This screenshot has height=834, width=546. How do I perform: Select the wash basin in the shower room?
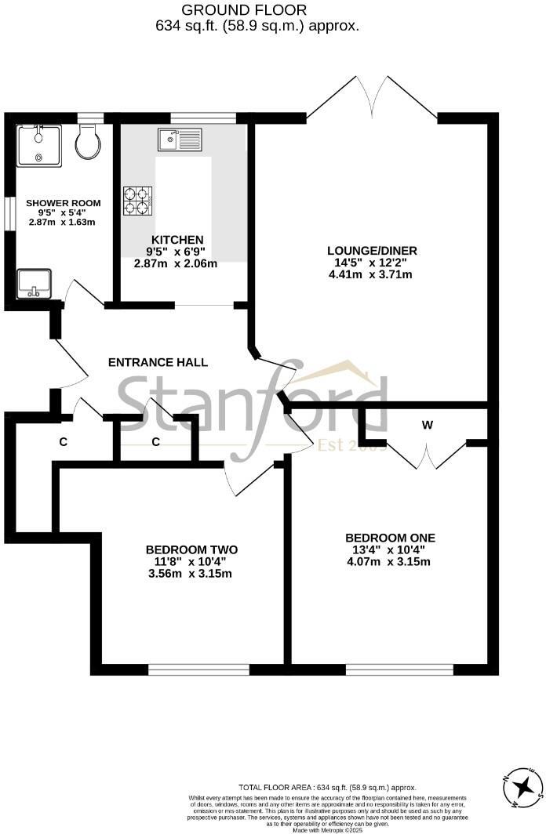point(33,284)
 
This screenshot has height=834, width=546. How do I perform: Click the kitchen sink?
point(180,140)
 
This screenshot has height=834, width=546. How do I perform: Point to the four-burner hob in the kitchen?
point(137,200)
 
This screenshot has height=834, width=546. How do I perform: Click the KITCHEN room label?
point(177,240)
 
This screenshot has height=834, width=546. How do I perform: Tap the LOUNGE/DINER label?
point(372,251)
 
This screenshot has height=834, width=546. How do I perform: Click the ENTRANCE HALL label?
point(158,362)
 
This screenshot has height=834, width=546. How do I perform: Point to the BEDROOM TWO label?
point(191,549)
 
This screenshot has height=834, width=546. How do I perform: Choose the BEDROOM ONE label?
point(390,538)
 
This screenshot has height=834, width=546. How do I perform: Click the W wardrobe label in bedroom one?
point(427,426)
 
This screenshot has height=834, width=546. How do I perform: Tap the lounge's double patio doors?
point(372,98)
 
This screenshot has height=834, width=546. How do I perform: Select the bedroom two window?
point(198,670)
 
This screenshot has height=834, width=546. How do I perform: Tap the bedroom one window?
point(399,670)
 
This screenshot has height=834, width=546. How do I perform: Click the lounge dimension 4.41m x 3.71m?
point(372,274)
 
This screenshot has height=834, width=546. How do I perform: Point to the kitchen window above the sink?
point(203,118)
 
